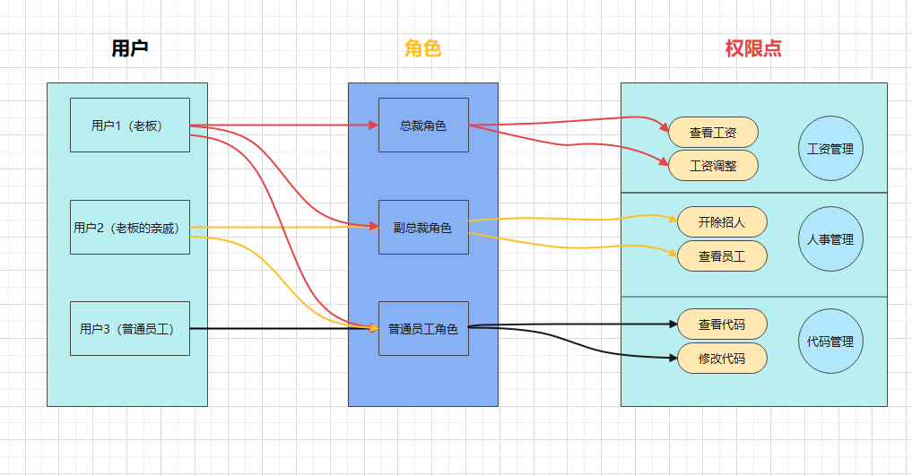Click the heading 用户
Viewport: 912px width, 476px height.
pos(129,49)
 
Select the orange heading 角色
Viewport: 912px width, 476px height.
pos(422,49)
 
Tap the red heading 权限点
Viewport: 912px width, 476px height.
pos(753,49)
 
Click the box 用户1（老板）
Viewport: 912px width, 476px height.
pos(130,125)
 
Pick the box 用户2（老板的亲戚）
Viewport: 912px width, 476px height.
pos(130,228)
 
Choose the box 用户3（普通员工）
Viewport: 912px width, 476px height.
pos(130,329)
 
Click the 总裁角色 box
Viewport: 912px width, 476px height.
pos(423,125)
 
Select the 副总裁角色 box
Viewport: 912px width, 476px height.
pos(423,228)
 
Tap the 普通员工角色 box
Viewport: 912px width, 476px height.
pos(423,329)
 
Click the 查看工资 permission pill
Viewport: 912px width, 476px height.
pos(714,133)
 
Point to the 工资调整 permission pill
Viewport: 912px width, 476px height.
pos(714,166)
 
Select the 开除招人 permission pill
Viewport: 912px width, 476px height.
pos(722,221)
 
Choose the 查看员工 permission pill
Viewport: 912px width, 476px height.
pos(722,256)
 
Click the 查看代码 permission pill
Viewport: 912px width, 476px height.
pos(722,325)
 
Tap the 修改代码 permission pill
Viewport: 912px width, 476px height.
pos(722,359)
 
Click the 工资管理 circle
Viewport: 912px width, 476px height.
pos(829,149)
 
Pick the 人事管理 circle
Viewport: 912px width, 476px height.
pos(829,239)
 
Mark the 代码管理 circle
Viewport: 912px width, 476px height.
pos(829,342)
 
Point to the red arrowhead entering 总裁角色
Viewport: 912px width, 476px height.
pos(373,125)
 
